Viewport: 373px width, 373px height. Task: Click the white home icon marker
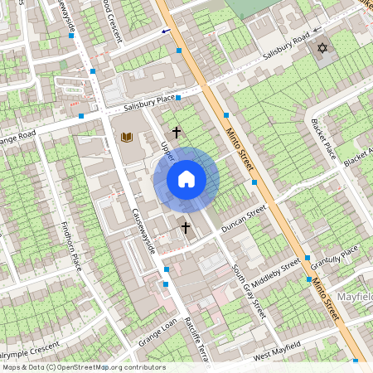(186, 178)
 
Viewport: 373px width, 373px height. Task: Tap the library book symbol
(126, 137)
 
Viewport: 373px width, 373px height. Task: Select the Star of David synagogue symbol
(322, 49)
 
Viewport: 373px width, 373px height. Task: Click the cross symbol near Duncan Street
(186, 226)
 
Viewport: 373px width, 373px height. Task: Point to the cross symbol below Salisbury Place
(176, 132)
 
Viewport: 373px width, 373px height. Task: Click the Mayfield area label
(354, 296)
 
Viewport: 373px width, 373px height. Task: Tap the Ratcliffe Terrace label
(196, 340)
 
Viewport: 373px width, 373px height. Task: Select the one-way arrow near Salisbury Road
(167, 31)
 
